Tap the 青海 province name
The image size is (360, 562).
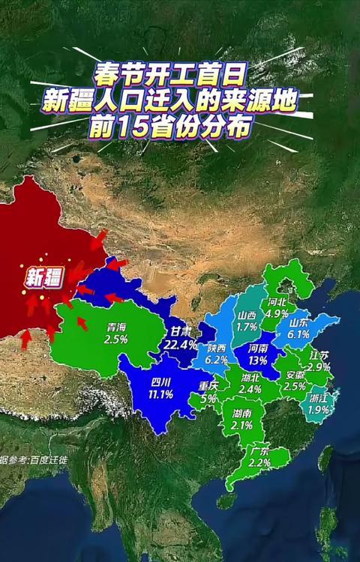pyautogui.click(x=115, y=327)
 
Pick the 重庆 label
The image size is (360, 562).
pyautogui.click(x=208, y=387)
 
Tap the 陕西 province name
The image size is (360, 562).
pyautogui.click(x=217, y=348)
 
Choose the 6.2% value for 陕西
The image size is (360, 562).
pyautogui.click(x=216, y=360)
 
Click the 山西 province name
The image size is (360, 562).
pyautogui.click(x=247, y=315)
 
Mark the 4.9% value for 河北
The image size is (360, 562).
pyautogui.click(x=277, y=313)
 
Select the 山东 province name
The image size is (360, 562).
pyautogui.click(x=298, y=322)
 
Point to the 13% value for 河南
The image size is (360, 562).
pyautogui.click(x=258, y=360)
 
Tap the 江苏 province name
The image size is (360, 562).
pyautogui.click(x=319, y=354)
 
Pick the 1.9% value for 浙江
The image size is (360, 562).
pyautogui.click(x=319, y=409)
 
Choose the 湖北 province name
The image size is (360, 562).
pyautogui.click(x=250, y=378)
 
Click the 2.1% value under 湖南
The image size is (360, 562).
pyautogui.click(x=241, y=425)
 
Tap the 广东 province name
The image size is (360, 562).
pyautogui.click(x=259, y=452)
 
